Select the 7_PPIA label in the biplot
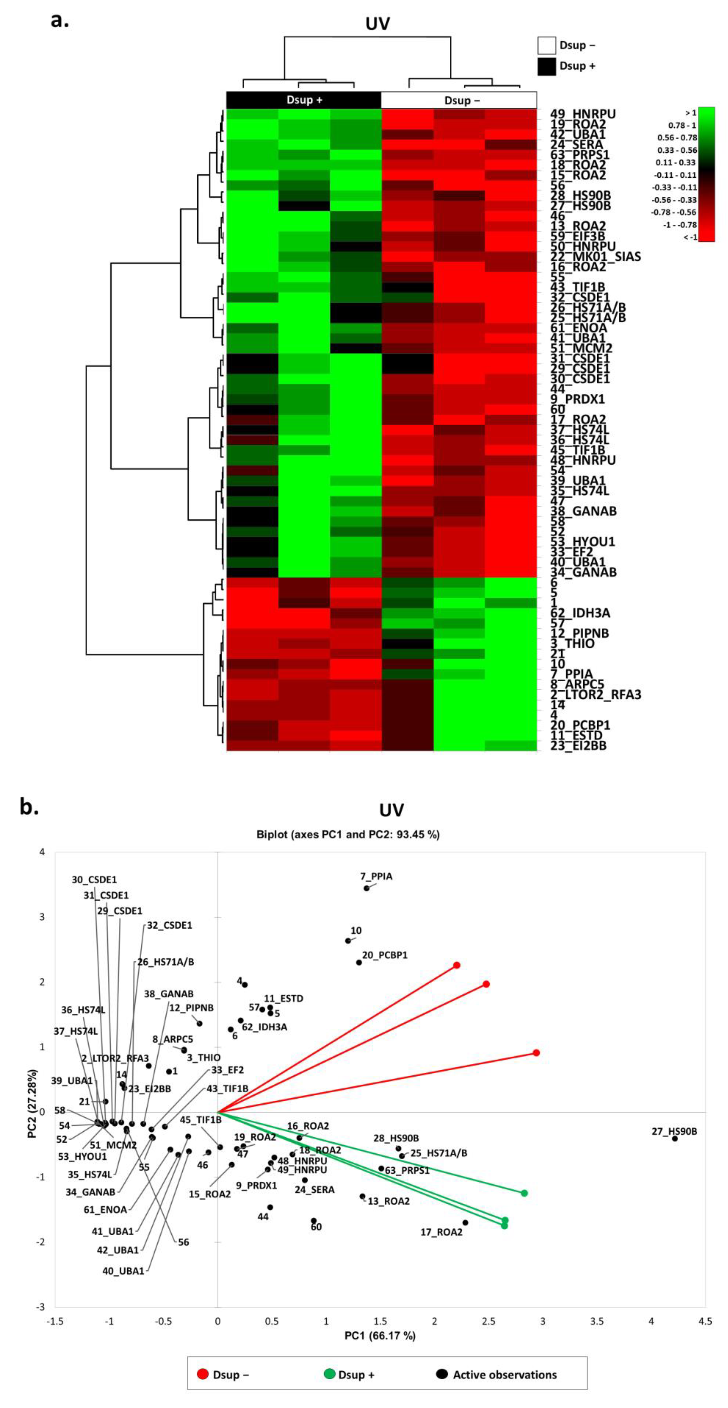click(376, 876)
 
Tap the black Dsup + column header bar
click(304, 100)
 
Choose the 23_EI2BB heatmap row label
click(578, 746)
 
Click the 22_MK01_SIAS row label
click(595, 256)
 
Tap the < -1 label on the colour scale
click(690, 237)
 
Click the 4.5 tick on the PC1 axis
click(705, 1321)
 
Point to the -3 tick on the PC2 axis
click(40, 1307)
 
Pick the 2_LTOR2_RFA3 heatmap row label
click(595, 695)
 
